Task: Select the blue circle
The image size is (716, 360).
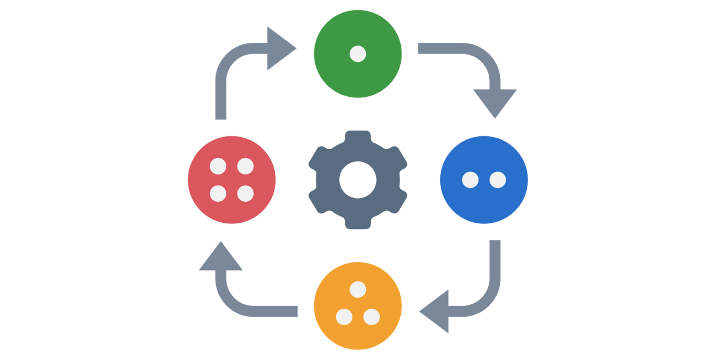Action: click(484, 202)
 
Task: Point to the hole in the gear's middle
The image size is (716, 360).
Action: click(358, 180)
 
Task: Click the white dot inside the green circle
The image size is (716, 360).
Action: click(358, 54)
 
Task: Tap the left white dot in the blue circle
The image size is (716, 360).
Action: click(470, 180)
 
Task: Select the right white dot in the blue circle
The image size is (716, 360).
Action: click(498, 180)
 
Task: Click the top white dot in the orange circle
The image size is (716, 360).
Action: click(358, 290)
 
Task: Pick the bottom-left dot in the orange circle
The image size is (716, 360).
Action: click(344, 317)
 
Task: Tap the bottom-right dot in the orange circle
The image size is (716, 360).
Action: click(372, 317)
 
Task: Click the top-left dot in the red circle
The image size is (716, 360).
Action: click(218, 166)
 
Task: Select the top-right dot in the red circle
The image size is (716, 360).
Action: click(245, 166)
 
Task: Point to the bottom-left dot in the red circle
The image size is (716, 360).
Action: click(218, 193)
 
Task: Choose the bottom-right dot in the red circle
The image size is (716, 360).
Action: click(245, 193)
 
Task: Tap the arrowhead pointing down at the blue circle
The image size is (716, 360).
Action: click(495, 101)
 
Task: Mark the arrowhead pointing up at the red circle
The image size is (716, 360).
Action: click(221, 258)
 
